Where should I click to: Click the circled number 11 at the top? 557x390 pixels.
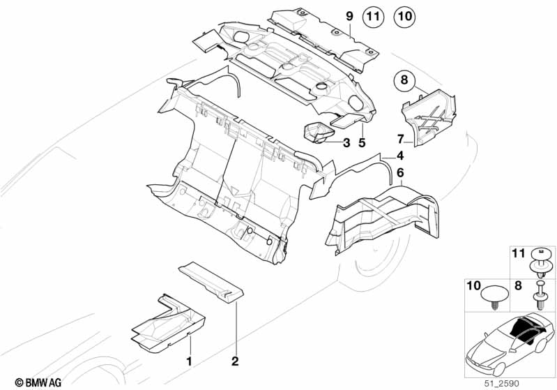[x=373, y=16]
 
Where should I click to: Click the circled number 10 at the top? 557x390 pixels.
[x=404, y=16]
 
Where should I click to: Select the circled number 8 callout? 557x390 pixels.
[x=404, y=80]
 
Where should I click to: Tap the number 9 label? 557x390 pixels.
[x=350, y=16]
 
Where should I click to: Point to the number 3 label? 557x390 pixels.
[x=346, y=143]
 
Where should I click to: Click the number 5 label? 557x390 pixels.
[x=362, y=143]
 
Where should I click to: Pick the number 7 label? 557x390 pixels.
[x=401, y=139]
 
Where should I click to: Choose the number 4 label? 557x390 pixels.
[x=400, y=156]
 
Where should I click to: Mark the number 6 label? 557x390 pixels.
[x=400, y=173]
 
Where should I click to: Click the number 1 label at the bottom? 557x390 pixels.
[x=190, y=361]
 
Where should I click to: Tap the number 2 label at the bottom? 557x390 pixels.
[x=235, y=361]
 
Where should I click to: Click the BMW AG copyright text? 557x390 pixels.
[x=38, y=382]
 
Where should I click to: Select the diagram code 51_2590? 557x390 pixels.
[x=502, y=384]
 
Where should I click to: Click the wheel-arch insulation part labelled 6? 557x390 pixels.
[x=382, y=217]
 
